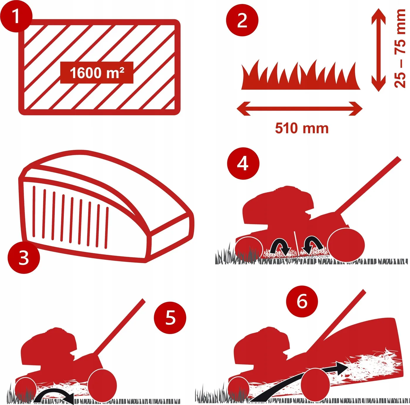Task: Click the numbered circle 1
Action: pos(16,16)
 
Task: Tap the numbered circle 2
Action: pos(242,20)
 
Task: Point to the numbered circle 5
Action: pos(170,318)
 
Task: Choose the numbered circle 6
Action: pos(302,302)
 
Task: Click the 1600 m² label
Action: pos(97,73)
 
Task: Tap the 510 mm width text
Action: pos(302,128)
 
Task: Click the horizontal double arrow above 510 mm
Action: pos(300,109)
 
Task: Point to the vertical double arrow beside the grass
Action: pos(378,50)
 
